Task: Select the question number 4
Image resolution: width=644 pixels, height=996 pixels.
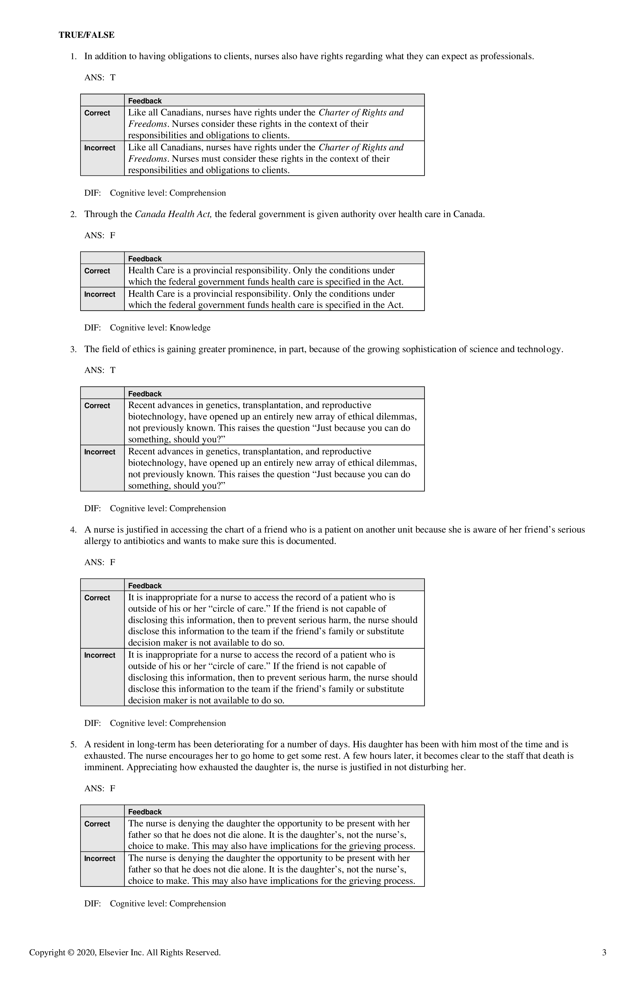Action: [73, 530]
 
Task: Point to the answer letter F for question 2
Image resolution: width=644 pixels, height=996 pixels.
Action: [112, 235]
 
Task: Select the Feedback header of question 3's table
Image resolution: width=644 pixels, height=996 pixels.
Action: [145, 394]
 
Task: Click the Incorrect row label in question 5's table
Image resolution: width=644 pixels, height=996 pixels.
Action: [100, 858]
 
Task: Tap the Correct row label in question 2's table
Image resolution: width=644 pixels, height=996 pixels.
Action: [97, 271]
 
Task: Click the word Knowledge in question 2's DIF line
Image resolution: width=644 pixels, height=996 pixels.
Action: [190, 328]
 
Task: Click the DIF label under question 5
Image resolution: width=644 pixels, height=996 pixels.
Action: [93, 903]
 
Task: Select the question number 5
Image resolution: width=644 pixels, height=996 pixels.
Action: [73, 744]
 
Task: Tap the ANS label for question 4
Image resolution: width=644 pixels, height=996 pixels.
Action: [94, 562]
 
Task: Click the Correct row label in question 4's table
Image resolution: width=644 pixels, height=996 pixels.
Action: [97, 598]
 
